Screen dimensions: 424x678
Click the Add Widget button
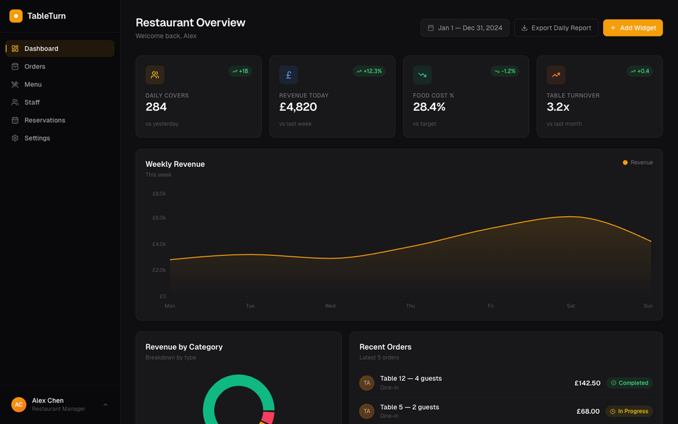tap(633, 28)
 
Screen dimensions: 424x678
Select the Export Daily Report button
tap(556, 28)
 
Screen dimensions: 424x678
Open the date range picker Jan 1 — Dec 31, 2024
tap(465, 28)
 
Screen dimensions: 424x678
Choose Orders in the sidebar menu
tap(35, 66)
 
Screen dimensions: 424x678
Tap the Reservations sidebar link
tap(45, 120)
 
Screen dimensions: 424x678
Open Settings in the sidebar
tap(37, 138)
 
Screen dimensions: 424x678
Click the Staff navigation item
tap(32, 102)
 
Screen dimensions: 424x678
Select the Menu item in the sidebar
tap(33, 84)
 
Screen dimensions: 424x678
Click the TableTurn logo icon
tap(16, 16)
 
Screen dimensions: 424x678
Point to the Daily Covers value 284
tap(157, 107)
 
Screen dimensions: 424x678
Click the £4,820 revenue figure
tap(298, 107)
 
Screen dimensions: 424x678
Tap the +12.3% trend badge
tap(369, 71)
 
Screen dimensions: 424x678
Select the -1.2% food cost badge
tap(505, 71)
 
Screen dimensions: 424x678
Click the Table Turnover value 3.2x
tap(558, 107)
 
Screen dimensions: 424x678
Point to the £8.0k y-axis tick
tap(159, 194)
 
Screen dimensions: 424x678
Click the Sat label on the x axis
tap(571, 306)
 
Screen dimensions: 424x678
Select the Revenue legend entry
tap(638, 163)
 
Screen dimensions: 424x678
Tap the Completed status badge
tap(629, 383)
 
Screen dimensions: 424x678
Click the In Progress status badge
tap(629, 411)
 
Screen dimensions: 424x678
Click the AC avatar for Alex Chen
tap(19, 404)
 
